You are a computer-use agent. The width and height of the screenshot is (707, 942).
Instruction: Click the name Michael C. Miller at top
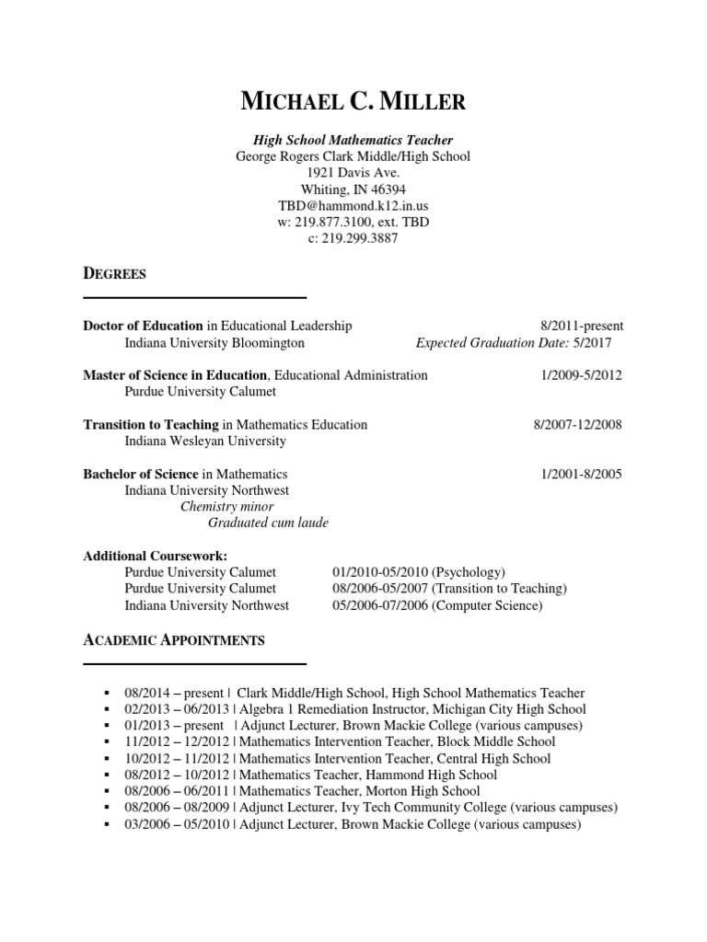point(353,101)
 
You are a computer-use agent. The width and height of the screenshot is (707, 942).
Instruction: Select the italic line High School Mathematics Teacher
point(353,140)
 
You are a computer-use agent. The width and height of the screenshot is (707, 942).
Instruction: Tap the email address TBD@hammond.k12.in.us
point(353,206)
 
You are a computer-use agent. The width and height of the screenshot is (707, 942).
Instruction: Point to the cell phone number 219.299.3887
point(353,239)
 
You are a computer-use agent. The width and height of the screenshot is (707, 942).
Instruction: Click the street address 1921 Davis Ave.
point(353,173)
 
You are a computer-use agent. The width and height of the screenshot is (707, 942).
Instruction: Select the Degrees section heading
point(114,273)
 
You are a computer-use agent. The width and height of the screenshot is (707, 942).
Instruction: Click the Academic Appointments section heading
point(174,639)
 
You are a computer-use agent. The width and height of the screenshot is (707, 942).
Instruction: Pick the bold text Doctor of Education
point(143,326)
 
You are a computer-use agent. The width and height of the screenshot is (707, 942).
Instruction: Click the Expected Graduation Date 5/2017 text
point(513,343)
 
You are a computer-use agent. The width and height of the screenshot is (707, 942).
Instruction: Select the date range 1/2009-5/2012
point(583,375)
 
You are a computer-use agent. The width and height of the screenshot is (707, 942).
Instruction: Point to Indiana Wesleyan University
point(205,442)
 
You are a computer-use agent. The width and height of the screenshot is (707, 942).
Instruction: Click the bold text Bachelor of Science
point(141,475)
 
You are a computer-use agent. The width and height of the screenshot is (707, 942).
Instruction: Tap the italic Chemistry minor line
point(226,507)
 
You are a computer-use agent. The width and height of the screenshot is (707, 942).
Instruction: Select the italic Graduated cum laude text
point(268,523)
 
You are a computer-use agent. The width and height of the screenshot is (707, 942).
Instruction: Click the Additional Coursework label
point(155,557)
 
